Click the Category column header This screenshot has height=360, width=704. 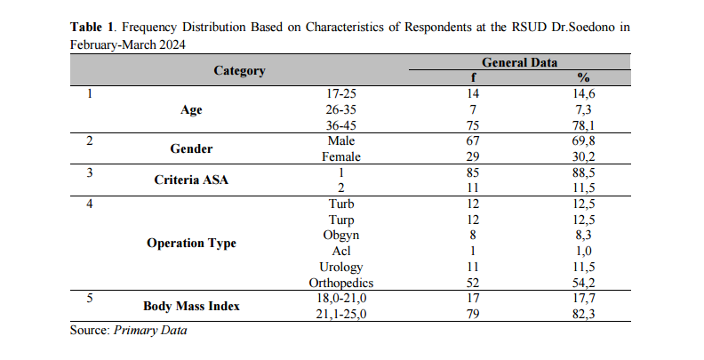pos(239,71)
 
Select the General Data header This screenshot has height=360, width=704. pos(519,62)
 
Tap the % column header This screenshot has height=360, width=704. pos(583,77)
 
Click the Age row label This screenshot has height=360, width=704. pos(191,110)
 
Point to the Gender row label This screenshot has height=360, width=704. pos(191,148)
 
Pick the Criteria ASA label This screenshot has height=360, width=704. pos(191,180)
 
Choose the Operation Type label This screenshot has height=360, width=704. pos(191,244)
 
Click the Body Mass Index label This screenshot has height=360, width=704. pos(191,306)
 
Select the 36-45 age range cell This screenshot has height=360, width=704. pos(340,125)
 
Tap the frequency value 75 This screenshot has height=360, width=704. pos(473,125)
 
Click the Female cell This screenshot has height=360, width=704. pos(340,157)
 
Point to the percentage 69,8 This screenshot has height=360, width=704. pos(583,141)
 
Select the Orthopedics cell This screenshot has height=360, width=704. pos(340,284)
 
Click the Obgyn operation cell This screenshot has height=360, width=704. pos(340,236)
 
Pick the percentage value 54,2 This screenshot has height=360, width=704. pos(583,284)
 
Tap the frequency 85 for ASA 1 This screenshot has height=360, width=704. pos(473,172)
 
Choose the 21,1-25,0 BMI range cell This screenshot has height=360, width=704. pos(340,314)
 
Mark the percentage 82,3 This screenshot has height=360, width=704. pos(583,314)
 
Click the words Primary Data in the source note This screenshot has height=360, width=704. pos(150,331)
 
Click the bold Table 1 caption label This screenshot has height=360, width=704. pos(92,28)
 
